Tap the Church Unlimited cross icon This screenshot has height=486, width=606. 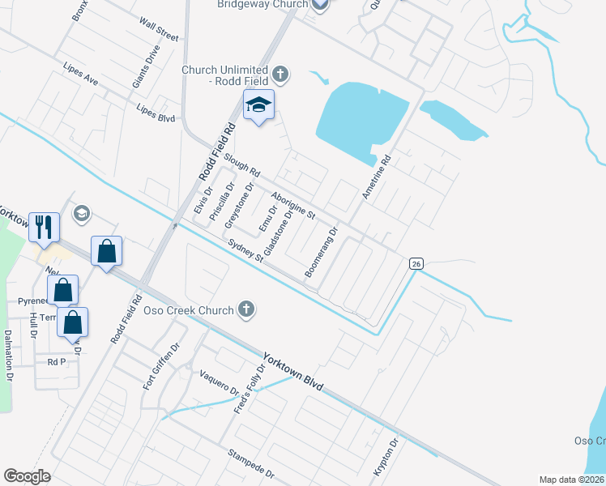click(x=280, y=75)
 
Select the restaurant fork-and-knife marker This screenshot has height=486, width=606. click(x=44, y=227)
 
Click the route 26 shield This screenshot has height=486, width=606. click(x=416, y=263)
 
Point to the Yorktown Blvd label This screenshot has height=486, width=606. click(x=292, y=372)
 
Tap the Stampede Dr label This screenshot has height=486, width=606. click(x=250, y=463)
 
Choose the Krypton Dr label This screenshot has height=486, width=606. click(x=387, y=458)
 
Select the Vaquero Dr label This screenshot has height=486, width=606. click(x=220, y=383)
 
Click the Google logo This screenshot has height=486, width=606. click(x=27, y=476)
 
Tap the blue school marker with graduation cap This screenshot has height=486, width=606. click(x=259, y=105)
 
